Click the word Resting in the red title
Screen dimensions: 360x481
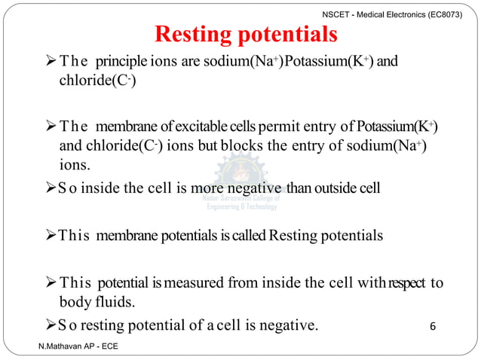point(195,35)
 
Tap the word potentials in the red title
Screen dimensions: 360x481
point(286,35)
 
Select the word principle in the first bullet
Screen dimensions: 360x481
point(126,62)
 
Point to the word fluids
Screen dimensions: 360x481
point(118,302)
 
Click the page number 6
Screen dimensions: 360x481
point(432,326)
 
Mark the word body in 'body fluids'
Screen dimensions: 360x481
point(76,302)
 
